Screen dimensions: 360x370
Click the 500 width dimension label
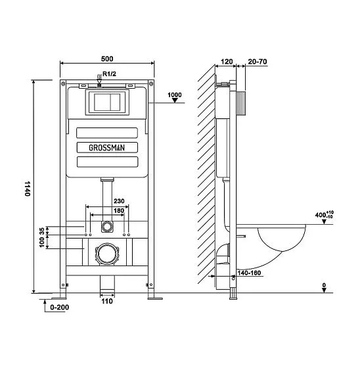point(107,58)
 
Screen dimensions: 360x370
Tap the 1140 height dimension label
point(28,189)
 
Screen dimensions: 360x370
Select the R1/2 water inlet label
point(109,74)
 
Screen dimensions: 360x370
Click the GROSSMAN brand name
point(106,148)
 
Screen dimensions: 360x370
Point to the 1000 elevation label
point(175,95)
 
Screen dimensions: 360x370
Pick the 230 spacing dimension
point(119,201)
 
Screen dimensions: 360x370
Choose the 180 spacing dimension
point(119,210)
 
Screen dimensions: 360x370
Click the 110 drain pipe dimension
point(107,301)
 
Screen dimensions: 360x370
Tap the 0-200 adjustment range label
point(60,307)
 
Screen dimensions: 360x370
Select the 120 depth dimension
point(227,62)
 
